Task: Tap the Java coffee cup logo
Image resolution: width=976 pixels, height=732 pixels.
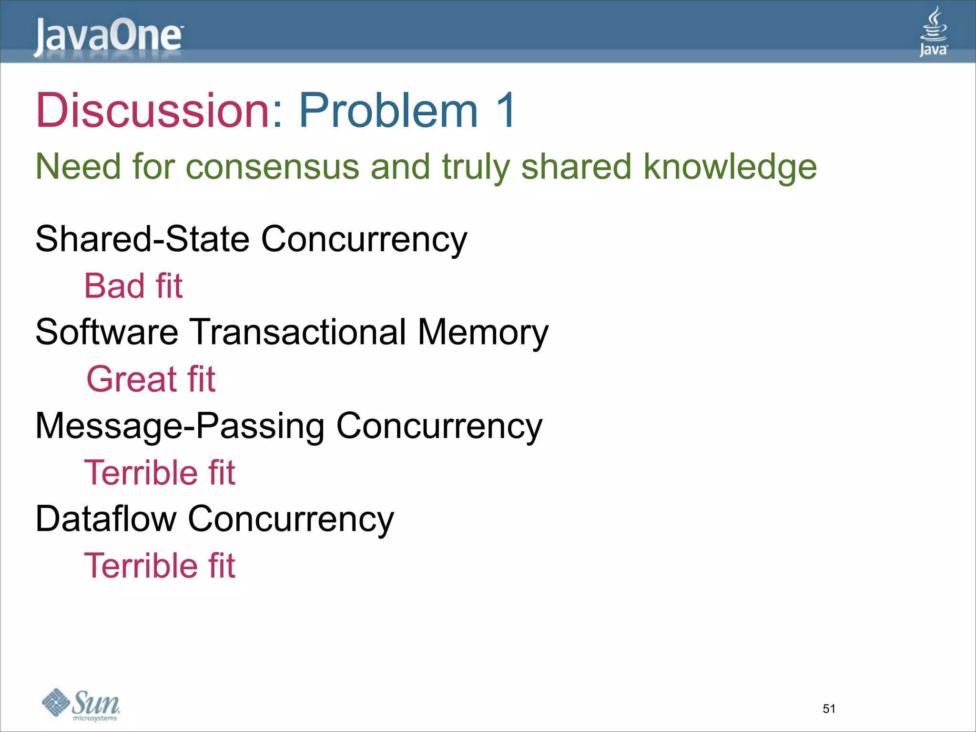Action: point(933,31)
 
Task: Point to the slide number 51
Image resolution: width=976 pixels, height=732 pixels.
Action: point(829,709)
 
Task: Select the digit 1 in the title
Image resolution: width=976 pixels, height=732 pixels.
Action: point(505,111)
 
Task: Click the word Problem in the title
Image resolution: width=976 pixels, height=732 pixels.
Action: point(388,111)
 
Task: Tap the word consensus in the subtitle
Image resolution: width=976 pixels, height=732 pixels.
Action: point(272,167)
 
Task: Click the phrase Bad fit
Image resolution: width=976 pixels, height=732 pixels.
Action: point(133,286)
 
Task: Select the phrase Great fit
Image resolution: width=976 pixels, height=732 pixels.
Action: point(151,379)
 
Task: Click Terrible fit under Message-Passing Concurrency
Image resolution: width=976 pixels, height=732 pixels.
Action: point(160,473)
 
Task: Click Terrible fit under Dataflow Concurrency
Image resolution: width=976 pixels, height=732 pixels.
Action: point(160,566)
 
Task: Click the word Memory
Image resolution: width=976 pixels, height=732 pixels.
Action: point(483,332)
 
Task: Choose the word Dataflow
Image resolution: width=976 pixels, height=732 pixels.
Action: point(106,519)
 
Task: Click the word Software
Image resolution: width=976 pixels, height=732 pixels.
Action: point(107,332)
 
